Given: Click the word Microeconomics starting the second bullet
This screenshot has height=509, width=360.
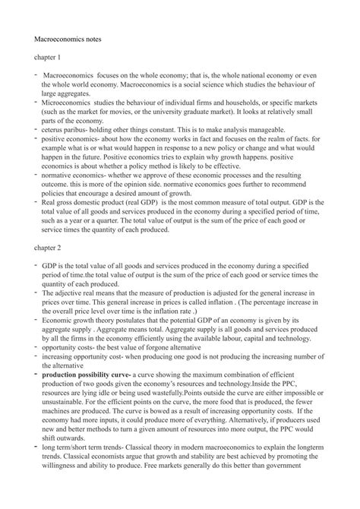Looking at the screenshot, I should click(68, 99).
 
